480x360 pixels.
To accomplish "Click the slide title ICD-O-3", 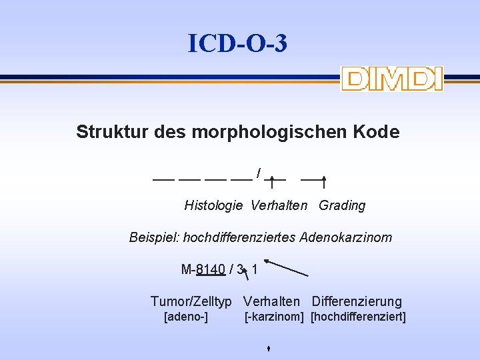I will tap(238, 44).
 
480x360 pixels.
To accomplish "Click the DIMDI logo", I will tap(391, 79).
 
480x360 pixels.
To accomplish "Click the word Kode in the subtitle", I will tap(379, 132).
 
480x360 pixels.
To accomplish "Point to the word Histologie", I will tap(213, 205).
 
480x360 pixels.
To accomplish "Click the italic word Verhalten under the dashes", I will tap(279, 205).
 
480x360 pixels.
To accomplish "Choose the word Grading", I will tap(342, 205).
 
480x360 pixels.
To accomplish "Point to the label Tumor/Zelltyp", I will tap(191, 302).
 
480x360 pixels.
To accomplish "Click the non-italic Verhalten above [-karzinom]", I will tap(271, 302).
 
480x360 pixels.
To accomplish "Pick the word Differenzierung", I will tap(357, 302).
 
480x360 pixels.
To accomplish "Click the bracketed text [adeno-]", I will tap(186, 317).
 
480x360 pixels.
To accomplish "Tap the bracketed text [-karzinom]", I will tap(274, 317).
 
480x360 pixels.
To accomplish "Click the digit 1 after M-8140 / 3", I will tap(255, 270).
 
